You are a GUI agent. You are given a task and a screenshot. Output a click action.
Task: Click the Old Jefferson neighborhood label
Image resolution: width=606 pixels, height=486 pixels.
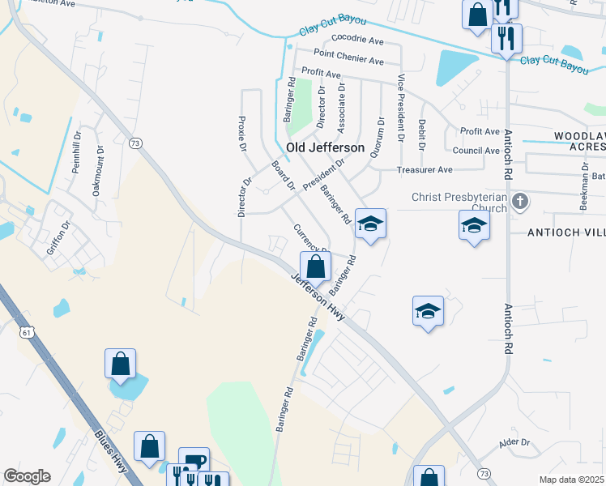[x=325, y=147]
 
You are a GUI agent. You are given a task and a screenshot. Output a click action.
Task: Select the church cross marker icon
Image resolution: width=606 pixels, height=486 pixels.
[x=520, y=200]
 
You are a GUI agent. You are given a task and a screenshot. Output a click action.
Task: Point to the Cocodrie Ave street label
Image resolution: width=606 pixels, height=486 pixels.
[x=357, y=40]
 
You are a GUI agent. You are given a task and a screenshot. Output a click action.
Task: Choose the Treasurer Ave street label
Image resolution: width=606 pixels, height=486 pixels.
[x=425, y=170]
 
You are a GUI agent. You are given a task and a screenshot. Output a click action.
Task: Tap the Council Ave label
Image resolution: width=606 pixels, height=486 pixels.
[x=476, y=151]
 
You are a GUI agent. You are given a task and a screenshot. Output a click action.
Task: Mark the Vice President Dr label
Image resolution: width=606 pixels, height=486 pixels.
[x=400, y=109]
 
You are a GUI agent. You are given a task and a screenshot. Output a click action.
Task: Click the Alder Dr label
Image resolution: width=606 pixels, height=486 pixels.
[x=514, y=442]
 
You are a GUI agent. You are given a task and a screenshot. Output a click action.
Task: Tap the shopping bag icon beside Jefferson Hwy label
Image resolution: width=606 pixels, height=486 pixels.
[x=315, y=266]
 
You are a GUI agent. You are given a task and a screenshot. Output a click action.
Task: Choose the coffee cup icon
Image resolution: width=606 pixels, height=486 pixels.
[x=194, y=462]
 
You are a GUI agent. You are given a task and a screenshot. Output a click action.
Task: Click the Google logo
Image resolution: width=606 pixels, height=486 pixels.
[x=27, y=476]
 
